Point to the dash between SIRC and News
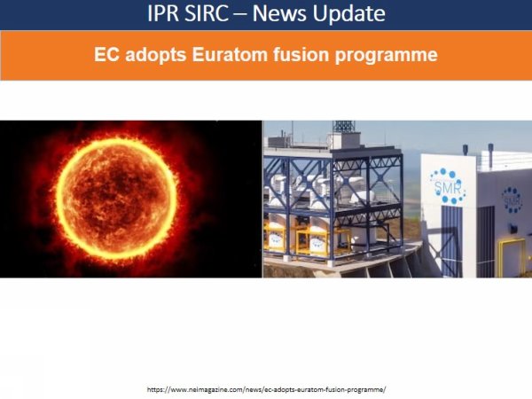(x=252, y=15)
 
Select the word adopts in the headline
(x=154, y=55)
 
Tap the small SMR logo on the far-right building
(x=512, y=199)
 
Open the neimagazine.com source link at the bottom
(x=266, y=389)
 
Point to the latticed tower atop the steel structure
(x=343, y=127)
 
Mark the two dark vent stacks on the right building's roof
(x=489, y=156)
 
